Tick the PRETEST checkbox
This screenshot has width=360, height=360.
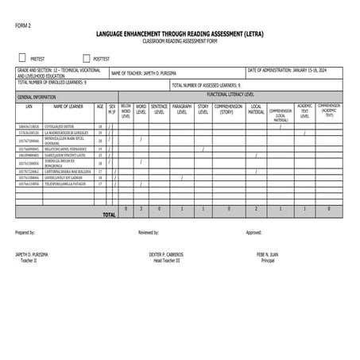[22, 58]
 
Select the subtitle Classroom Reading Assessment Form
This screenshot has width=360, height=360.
[180, 41]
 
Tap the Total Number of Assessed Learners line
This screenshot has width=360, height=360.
[206, 84]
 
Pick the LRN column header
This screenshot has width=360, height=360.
[29, 105]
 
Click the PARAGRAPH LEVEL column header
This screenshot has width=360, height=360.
[182, 109]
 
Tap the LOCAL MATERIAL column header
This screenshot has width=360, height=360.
[256, 109]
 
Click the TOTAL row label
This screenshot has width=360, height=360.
[109, 214]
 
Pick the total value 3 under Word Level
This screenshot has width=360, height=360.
[141, 208]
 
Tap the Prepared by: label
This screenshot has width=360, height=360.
[25, 233]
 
